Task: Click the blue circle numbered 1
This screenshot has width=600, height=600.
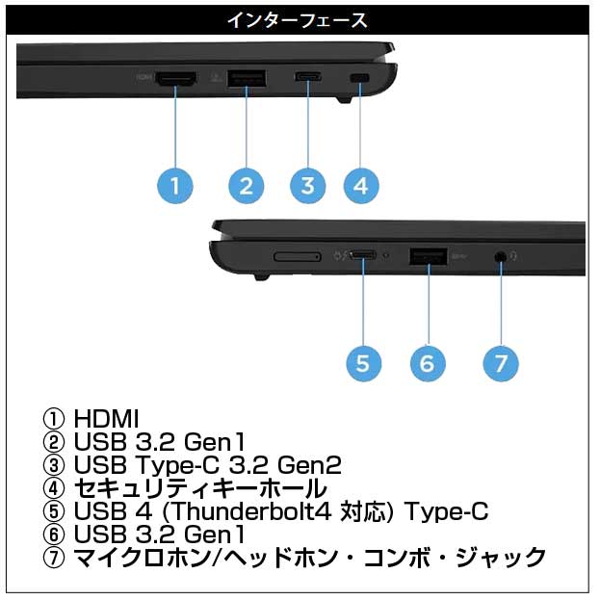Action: tap(174, 184)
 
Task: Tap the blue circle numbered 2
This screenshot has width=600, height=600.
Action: tap(246, 184)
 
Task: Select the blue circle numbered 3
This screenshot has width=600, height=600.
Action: tap(307, 184)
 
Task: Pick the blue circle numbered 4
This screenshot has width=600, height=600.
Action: tap(360, 184)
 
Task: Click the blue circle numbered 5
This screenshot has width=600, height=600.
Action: tap(363, 362)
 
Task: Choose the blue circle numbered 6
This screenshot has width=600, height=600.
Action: tap(427, 362)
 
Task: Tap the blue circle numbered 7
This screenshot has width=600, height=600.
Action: tap(500, 362)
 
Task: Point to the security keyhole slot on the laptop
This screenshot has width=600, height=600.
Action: tap(361, 78)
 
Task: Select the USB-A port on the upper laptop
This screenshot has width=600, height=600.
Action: tap(246, 78)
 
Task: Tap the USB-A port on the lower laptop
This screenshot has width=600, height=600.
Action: tap(427, 256)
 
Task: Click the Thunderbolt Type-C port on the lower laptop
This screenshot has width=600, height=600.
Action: tap(363, 256)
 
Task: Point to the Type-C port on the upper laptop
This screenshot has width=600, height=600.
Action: tap(308, 78)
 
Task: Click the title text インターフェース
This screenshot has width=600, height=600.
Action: tap(297, 19)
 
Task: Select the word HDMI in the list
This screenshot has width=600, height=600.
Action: tap(106, 419)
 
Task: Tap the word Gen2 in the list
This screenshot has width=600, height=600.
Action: tap(314, 465)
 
